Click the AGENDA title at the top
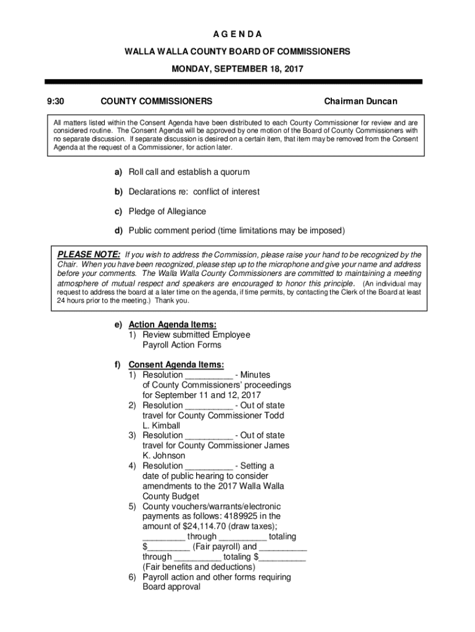pyautogui.click(x=238, y=33)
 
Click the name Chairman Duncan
pyautogui.click(x=361, y=101)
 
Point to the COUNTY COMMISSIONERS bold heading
pyautogui.click(x=157, y=101)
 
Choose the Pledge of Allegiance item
pyautogui.click(x=167, y=212)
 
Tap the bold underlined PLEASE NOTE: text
pyautogui.click(x=89, y=254)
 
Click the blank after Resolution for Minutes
pyautogui.click(x=209, y=375)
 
